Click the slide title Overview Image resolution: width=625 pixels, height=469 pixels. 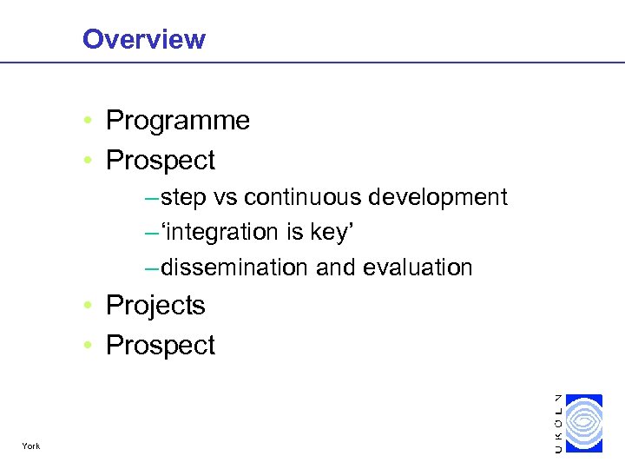(x=143, y=39)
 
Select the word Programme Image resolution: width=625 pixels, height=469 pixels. (x=177, y=121)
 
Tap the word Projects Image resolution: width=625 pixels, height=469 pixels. (x=155, y=306)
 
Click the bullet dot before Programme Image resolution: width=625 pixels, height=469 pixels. (x=90, y=122)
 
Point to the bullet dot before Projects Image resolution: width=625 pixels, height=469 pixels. (x=90, y=307)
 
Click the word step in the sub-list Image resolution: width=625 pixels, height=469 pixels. (x=184, y=198)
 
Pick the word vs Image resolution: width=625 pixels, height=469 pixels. (x=226, y=198)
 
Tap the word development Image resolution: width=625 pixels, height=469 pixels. (x=438, y=198)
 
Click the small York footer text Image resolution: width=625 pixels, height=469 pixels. (x=32, y=446)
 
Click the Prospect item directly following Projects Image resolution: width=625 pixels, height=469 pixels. (x=160, y=346)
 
